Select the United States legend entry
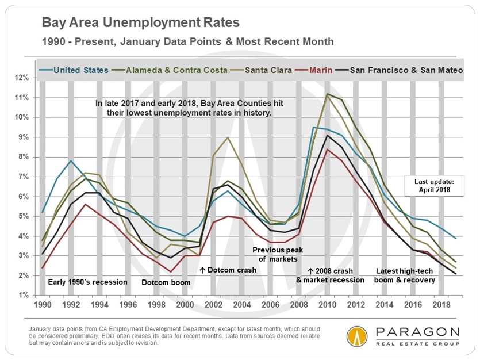(80, 70)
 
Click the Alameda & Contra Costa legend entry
(172, 70)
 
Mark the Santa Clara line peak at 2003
(228, 137)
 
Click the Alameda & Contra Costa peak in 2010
(327, 94)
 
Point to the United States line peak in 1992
(71, 160)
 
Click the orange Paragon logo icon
(357, 336)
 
